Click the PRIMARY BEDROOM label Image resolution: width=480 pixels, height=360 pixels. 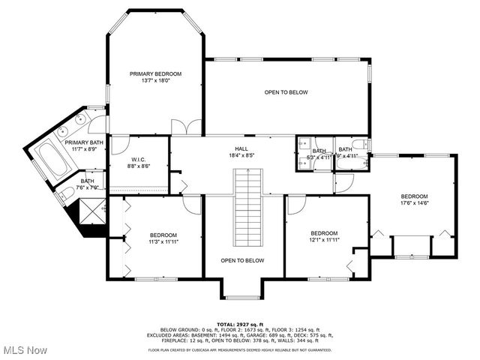156,73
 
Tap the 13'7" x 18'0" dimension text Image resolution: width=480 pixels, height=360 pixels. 156,81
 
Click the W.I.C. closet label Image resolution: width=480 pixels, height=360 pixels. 138,159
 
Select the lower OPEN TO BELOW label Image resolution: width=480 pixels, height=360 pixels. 242,260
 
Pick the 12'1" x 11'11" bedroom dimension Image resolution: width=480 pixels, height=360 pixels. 325,240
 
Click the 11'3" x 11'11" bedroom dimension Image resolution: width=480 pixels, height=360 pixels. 163,241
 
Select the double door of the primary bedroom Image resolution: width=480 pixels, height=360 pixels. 186,127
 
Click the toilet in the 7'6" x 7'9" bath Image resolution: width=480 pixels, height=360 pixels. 61,196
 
